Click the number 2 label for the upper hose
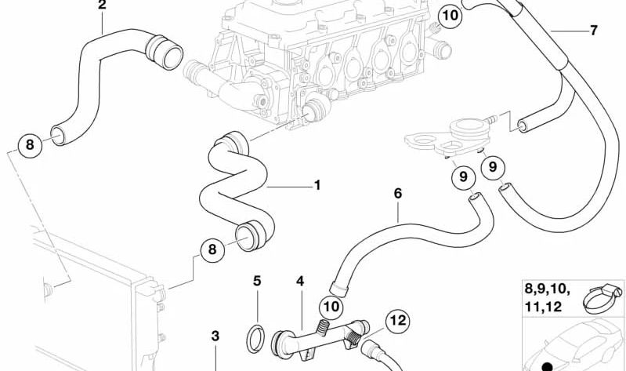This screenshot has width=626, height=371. pos(102,5)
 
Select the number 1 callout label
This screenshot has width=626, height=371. pos(317,186)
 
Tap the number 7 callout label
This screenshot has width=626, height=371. pos(593,31)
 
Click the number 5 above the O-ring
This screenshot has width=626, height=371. pos(256,281)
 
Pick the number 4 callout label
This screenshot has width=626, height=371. pos(299,281)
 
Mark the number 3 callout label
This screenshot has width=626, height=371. pos(216,336)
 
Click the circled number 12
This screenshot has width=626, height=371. pos(397,320)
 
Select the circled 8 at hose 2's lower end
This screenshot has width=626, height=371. pos(30,144)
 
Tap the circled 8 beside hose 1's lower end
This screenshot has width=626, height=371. pos(210,250)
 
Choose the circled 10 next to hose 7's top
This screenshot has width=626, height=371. pos(449,15)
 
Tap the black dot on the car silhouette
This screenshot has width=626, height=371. pos(545,366)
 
